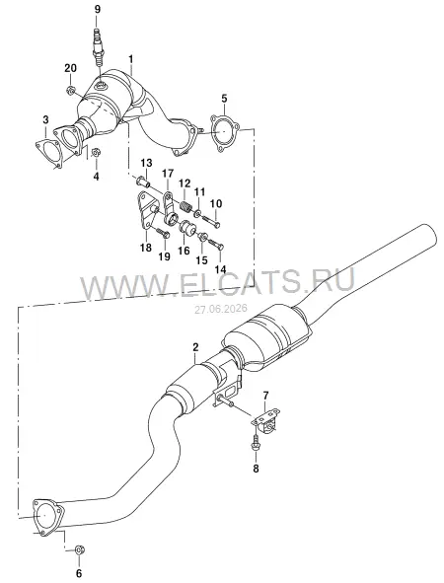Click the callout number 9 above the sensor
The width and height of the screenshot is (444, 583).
tap(98, 9)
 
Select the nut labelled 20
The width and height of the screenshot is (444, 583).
tap(70, 90)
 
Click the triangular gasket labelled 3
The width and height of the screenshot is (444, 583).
tap(48, 153)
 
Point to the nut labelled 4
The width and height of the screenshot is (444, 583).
tap(96, 153)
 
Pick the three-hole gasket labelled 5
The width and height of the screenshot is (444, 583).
tap(224, 133)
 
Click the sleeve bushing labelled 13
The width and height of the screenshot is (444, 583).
tap(143, 182)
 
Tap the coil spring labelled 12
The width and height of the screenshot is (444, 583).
tap(186, 205)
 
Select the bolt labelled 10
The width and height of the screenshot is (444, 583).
tap(210, 221)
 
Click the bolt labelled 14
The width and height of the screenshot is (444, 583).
tap(215, 244)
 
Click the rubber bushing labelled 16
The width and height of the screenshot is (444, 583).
tap(187, 228)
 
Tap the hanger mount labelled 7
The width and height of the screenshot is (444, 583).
tap(266, 420)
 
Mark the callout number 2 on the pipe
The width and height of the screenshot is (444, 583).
tap(195, 347)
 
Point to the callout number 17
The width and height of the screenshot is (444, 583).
tap(168, 174)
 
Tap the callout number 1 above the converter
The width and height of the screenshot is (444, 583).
tap(131, 59)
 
